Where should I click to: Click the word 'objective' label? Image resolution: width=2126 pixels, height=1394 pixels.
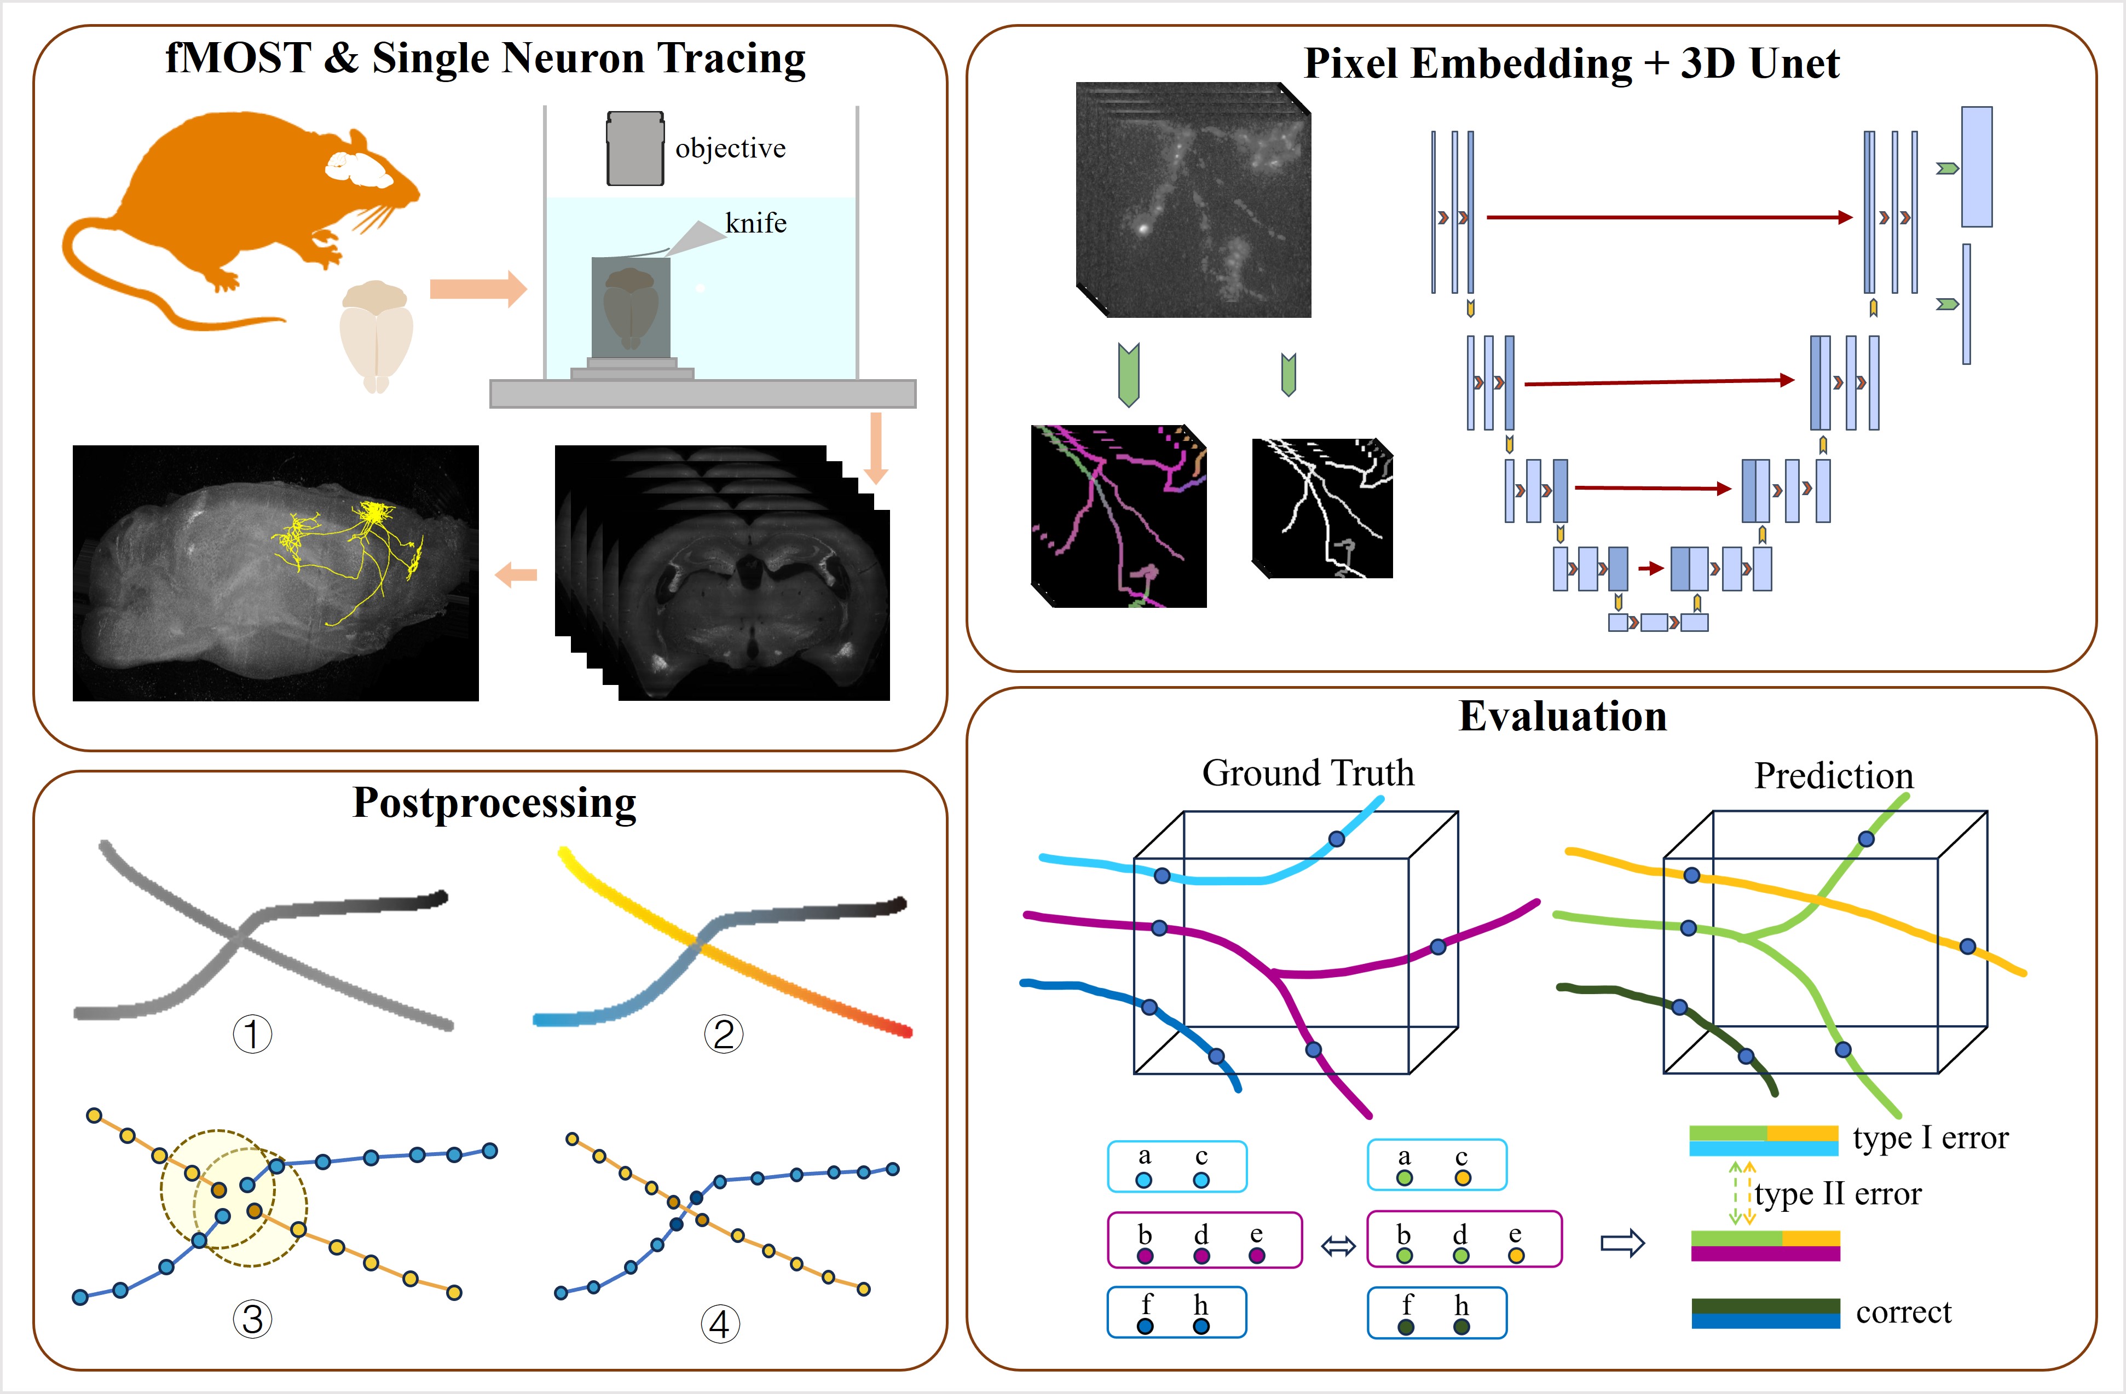click(x=730, y=148)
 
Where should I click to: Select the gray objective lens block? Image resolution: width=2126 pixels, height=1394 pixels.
click(x=635, y=149)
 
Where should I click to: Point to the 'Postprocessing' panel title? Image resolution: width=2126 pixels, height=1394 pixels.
click(x=494, y=803)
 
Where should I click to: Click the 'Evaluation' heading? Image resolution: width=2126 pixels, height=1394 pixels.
click(x=1562, y=716)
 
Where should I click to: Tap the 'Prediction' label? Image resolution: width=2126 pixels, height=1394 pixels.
click(x=1833, y=776)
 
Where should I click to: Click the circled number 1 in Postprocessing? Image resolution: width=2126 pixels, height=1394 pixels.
click(x=252, y=1034)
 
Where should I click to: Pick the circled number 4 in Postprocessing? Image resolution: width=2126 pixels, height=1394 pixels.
click(x=720, y=1323)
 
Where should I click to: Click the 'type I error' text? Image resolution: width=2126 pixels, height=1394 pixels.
click(x=1929, y=1138)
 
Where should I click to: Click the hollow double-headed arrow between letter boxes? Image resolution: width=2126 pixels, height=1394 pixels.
click(x=1337, y=1246)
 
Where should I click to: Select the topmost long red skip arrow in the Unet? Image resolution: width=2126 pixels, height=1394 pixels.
click(x=1668, y=217)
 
